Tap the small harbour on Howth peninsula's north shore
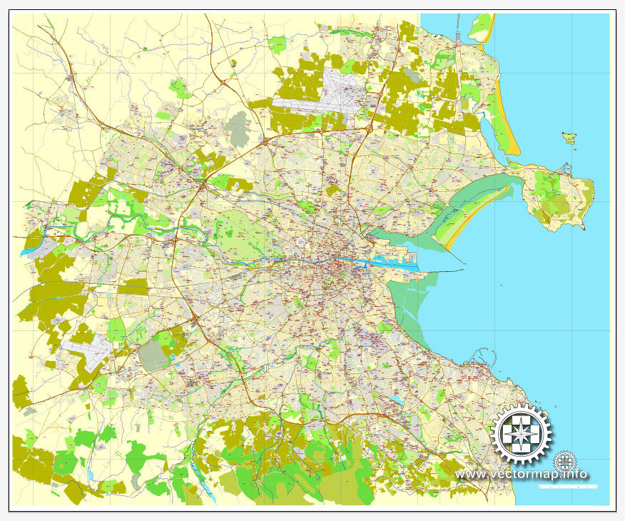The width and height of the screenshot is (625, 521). click(x=566, y=170)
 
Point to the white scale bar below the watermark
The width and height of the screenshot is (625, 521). click(x=567, y=486)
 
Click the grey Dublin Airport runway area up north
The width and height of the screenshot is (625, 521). click(x=325, y=98)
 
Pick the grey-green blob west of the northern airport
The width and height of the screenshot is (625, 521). click(x=238, y=127)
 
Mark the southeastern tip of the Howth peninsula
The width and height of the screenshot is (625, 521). click(x=584, y=227)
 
